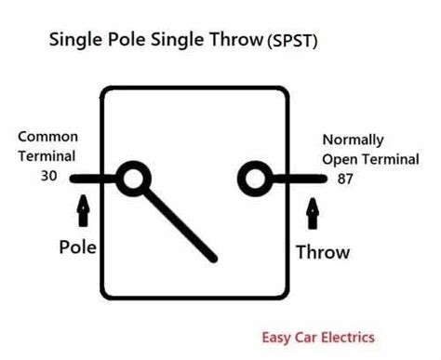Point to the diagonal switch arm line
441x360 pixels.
(x=179, y=223)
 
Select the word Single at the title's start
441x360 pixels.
(x=73, y=43)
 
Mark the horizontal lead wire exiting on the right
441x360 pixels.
(x=298, y=179)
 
